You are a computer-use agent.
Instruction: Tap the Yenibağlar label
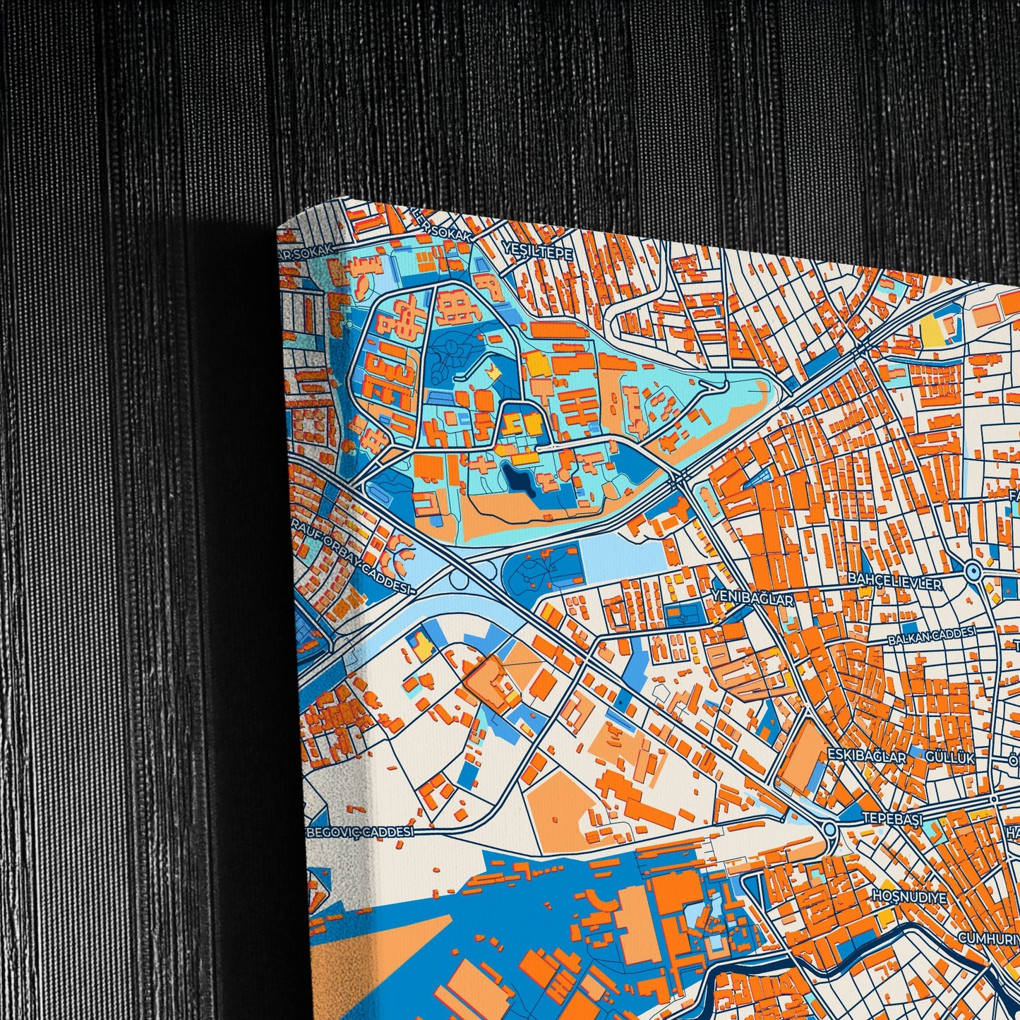[753, 597]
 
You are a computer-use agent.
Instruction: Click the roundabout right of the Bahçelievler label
[973, 572]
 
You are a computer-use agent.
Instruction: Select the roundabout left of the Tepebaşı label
[829, 829]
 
